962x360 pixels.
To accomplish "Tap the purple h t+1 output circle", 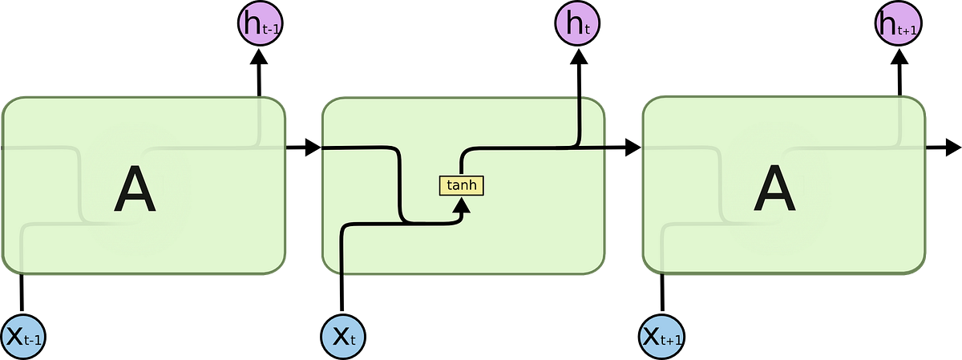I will pyautogui.click(x=897, y=25).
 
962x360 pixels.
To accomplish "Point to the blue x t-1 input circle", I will pyautogui.click(x=22, y=336).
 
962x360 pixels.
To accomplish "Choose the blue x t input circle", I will pyautogui.click(x=342, y=336).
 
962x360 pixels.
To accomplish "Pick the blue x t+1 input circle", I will pyautogui.click(x=661, y=336).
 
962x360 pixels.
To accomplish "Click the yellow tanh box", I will pyautogui.click(x=462, y=186).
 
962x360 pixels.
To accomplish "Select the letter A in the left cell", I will pyautogui.click(x=134, y=192).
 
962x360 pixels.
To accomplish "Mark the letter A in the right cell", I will pyautogui.click(x=774, y=192).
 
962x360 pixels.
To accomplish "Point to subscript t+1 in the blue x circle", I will pyautogui.click(x=672, y=341).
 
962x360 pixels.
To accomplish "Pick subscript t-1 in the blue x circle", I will pyautogui.click(x=33, y=341).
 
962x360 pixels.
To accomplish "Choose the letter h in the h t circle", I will pyautogui.click(x=573, y=24).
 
